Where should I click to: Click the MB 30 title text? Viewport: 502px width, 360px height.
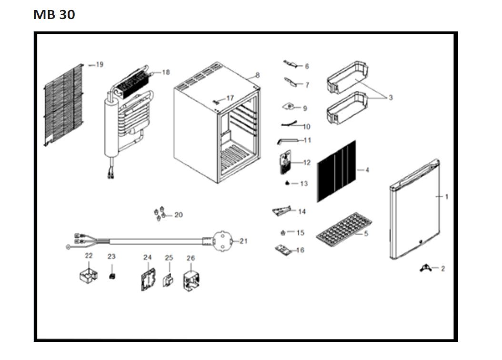pos(54,15)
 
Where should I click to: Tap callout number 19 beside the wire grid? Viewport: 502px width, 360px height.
pos(99,64)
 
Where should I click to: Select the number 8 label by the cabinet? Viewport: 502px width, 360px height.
pos(258,75)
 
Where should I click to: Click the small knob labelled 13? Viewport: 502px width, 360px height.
pos(288,183)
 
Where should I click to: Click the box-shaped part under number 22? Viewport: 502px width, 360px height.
pos(88,276)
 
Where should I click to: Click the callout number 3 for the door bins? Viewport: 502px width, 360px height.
pos(391,98)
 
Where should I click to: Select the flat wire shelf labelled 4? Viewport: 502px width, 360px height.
pos(336,171)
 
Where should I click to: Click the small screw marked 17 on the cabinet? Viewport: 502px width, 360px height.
pos(215,100)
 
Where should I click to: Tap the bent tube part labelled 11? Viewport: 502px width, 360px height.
pos(288,141)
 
